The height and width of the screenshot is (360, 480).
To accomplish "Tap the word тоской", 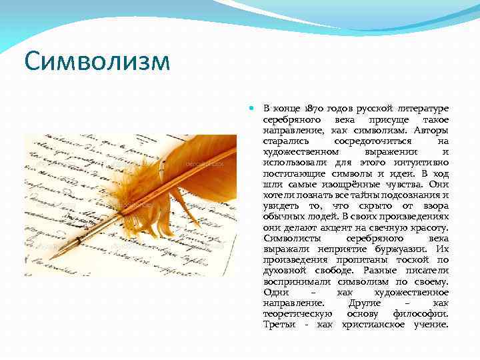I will (407, 259).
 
